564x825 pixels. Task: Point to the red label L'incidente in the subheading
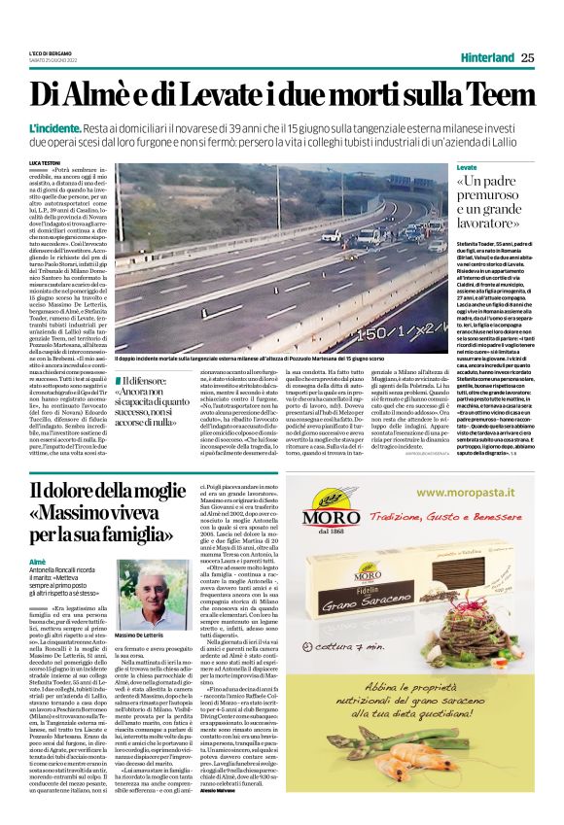pyautogui.click(x=55, y=128)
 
